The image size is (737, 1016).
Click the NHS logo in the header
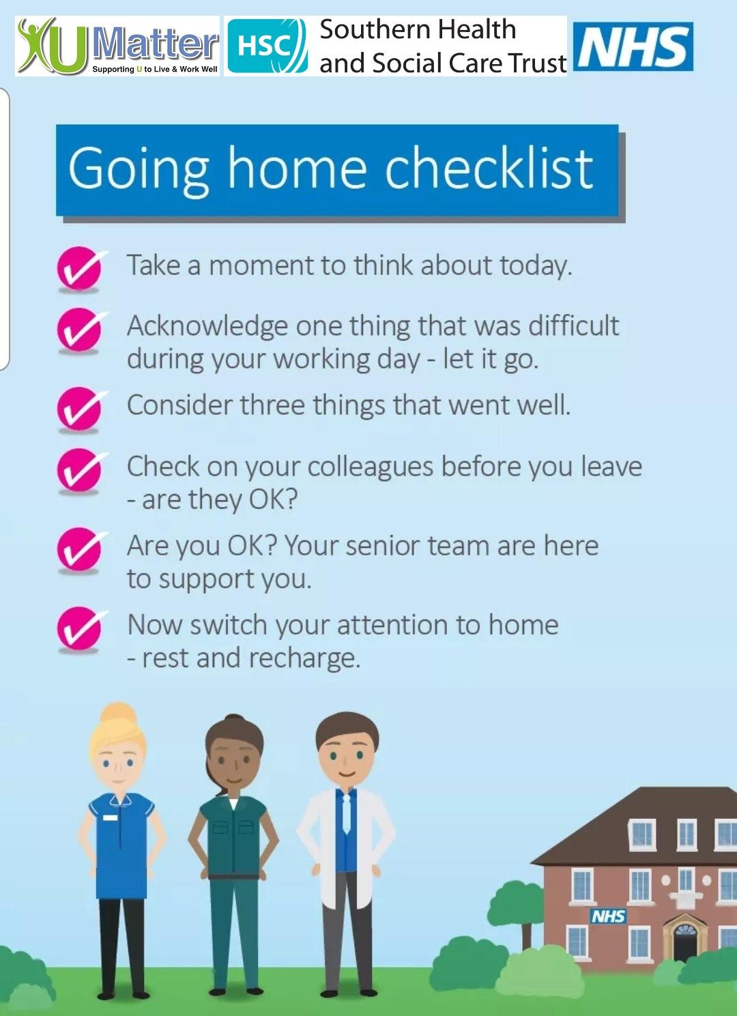(x=633, y=46)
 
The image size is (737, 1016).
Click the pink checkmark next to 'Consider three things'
(x=80, y=408)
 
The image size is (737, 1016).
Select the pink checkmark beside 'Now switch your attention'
(x=80, y=628)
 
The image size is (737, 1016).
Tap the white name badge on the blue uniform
(x=110, y=817)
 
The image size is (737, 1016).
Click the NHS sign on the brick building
(x=608, y=916)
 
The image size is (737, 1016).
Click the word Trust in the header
(x=537, y=63)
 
